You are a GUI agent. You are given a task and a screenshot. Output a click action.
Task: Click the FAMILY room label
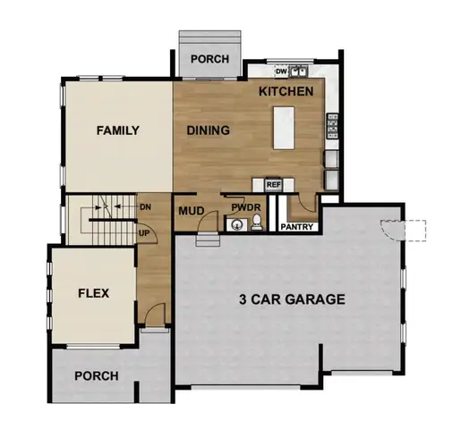pyautogui.click(x=117, y=130)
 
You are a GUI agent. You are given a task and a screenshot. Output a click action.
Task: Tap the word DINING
pyautogui.click(x=208, y=130)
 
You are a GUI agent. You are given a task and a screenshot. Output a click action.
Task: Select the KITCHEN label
pyautogui.click(x=286, y=92)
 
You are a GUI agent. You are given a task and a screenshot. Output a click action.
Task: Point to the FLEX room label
pyautogui.click(x=93, y=292)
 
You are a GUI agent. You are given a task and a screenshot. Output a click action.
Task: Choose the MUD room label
pyautogui.click(x=192, y=211)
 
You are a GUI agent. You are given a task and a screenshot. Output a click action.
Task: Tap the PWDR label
pyautogui.click(x=244, y=207)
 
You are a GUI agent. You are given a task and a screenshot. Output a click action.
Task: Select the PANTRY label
pyautogui.click(x=296, y=227)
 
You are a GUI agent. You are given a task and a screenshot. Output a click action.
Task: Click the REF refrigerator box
pyautogui.click(x=273, y=185)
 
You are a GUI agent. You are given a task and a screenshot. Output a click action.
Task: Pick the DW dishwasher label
pyautogui.click(x=280, y=71)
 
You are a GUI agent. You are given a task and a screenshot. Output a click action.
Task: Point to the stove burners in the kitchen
pyautogui.click(x=333, y=124)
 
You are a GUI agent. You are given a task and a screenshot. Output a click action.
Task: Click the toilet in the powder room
pyautogui.click(x=254, y=224)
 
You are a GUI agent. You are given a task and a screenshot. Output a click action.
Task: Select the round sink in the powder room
pyautogui.click(x=235, y=224)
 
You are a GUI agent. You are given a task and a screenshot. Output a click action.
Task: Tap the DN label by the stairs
pyautogui.click(x=145, y=206)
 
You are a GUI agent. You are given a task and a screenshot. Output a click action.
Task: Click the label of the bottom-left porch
pyautogui.click(x=96, y=375)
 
